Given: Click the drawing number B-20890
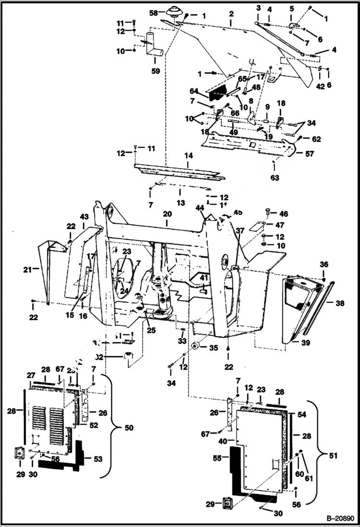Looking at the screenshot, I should [x=340, y=519].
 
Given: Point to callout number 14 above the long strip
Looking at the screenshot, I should [x=188, y=156].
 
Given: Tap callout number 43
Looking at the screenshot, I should [x=85, y=218].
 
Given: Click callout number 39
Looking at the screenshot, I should [x=305, y=343].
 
